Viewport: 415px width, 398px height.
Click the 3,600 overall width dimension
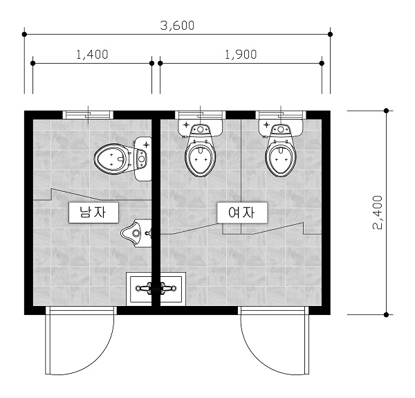pos(177,26)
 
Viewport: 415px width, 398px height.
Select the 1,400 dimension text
pos(93,55)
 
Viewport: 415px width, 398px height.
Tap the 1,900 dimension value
pos(241,55)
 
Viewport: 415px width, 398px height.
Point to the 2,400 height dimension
pos(378,212)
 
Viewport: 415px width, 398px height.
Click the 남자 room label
pos(93,212)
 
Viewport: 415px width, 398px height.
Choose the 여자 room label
pos(242,212)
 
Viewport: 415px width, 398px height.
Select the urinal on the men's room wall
pos(136,233)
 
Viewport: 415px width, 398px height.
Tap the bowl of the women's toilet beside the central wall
pos(201,160)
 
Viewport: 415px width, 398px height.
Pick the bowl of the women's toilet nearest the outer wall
pos(281,160)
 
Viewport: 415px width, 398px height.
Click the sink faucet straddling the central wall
pos(156,289)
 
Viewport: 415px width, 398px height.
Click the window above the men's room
pos(88,115)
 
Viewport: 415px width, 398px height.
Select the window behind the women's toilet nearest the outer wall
pos(281,115)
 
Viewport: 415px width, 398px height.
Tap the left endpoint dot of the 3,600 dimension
pos(24,34)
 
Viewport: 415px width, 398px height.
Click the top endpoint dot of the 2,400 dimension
pos(386,111)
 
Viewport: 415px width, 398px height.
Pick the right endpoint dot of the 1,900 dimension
pos(322,63)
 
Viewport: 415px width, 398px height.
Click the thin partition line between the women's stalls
pos(241,177)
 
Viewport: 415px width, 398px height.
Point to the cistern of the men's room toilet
pos(142,159)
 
